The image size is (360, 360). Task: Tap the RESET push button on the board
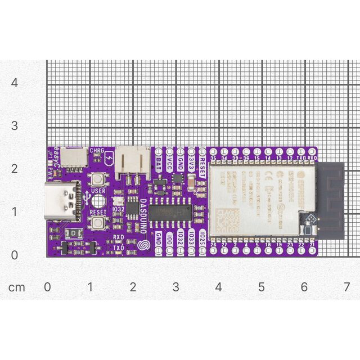point(98,223)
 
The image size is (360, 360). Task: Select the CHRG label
point(97,151)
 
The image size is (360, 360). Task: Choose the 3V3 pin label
point(191,163)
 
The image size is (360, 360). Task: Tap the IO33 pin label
point(191,236)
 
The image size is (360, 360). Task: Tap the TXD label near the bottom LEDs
point(119,247)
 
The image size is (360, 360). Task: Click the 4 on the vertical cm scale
point(15,82)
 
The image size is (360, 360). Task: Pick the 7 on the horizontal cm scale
point(346,287)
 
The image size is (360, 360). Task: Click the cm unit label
point(16,287)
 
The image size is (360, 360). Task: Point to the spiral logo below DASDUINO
point(143,245)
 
